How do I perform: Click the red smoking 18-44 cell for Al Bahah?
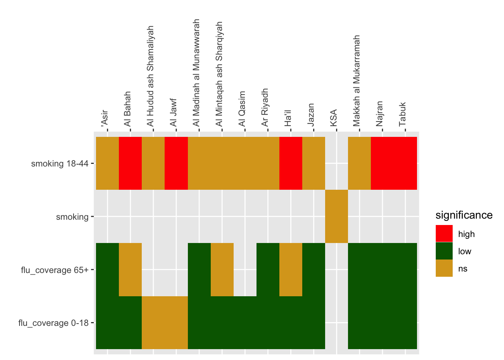pos(130,163)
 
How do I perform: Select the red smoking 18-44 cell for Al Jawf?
pos(176,163)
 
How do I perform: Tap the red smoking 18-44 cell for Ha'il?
pos(291,163)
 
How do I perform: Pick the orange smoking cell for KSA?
pos(336,216)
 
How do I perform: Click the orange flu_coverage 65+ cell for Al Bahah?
pos(130,270)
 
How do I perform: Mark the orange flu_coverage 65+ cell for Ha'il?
pos(291,270)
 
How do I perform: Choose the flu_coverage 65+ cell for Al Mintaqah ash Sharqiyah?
pos(222,270)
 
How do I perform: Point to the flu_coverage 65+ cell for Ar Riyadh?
pos(268,270)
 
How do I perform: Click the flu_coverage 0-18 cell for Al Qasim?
pos(245,322)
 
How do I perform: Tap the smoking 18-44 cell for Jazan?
pos(313,163)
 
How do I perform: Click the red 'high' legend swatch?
pos(444,234)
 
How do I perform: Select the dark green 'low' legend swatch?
pos(444,251)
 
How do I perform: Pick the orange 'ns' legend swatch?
pos(444,268)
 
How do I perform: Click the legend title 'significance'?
pos(464,215)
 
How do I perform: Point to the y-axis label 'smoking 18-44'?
pos(60,163)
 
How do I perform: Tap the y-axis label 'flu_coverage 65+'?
pos(55,270)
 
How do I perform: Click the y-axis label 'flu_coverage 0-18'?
pos(53,323)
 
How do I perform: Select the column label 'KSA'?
pos(333,118)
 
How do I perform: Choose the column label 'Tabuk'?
pos(402,114)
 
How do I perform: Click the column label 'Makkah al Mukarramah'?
pos(356,81)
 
